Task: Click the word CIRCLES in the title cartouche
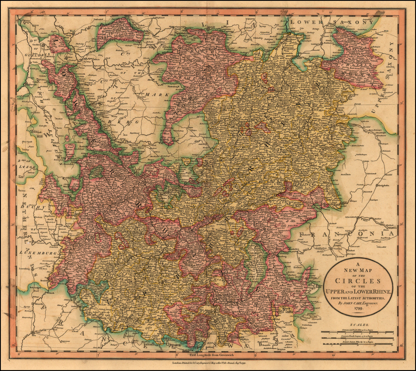tap(358, 281)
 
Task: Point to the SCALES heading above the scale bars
tap(358, 325)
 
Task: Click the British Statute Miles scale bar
tap(357, 344)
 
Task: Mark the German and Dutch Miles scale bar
tap(357, 332)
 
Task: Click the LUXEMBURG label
tap(39, 252)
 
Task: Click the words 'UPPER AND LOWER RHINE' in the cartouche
tap(358, 291)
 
